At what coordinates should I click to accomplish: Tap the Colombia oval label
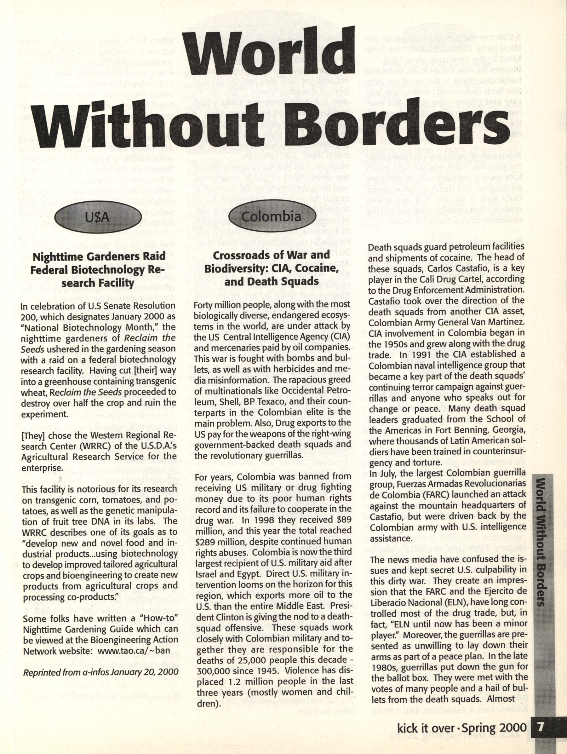(x=271, y=216)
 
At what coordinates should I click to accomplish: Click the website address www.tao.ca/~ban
(x=134, y=650)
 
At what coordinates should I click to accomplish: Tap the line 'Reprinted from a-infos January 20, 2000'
(x=100, y=672)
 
